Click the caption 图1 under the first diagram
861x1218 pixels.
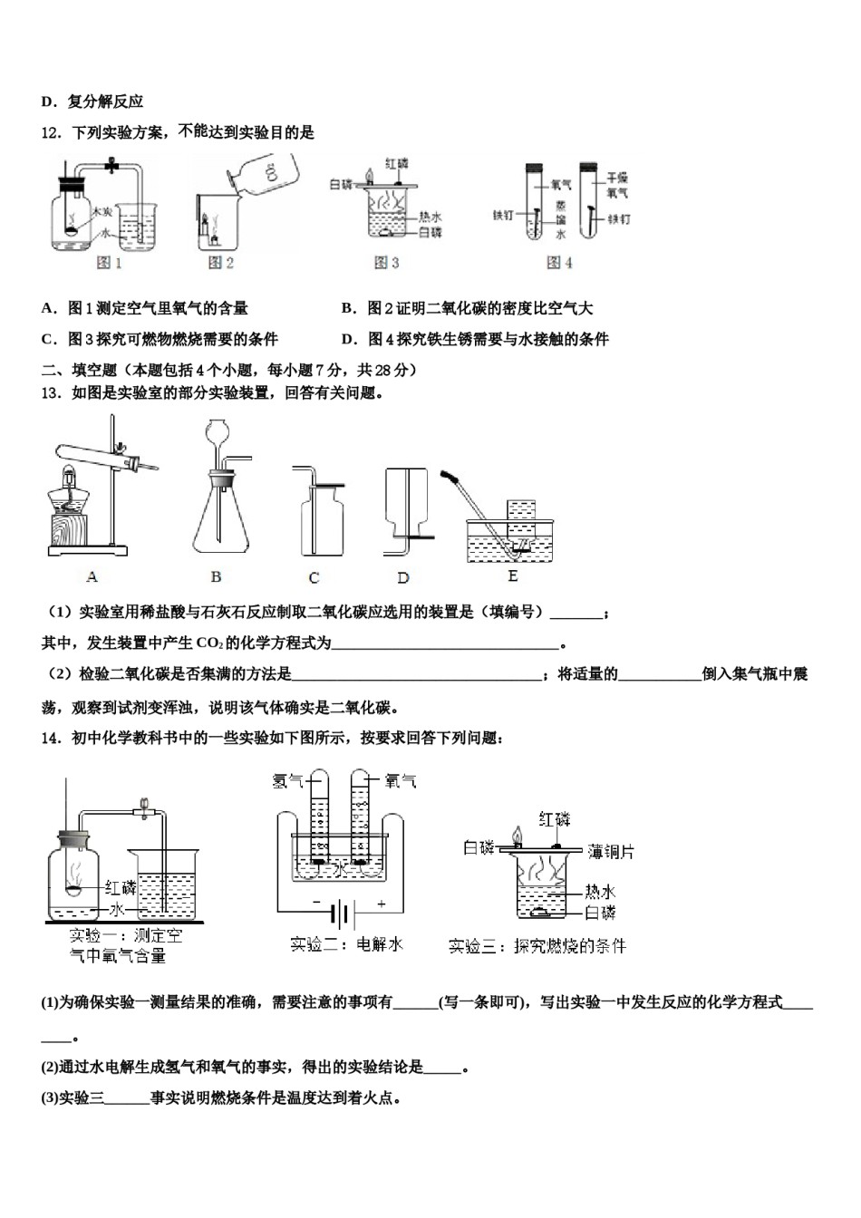click(109, 263)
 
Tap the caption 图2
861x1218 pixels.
click(221, 263)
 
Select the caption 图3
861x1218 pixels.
click(387, 263)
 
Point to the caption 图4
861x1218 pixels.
click(560, 263)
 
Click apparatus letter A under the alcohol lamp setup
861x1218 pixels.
click(92, 576)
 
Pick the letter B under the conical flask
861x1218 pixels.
click(216, 576)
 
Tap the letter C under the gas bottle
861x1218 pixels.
click(314, 577)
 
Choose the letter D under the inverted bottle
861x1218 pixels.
click(403, 577)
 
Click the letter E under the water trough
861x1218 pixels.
click(513, 576)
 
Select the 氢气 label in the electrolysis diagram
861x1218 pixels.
click(287, 780)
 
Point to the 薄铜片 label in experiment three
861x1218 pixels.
click(611, 851)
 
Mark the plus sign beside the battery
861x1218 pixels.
click(382, 904)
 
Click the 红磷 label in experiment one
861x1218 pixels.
click(121, 887)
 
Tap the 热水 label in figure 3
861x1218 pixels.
click(430, 217)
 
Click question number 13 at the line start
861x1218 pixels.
click(52, 393)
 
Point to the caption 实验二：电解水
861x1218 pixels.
click(346, 944)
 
